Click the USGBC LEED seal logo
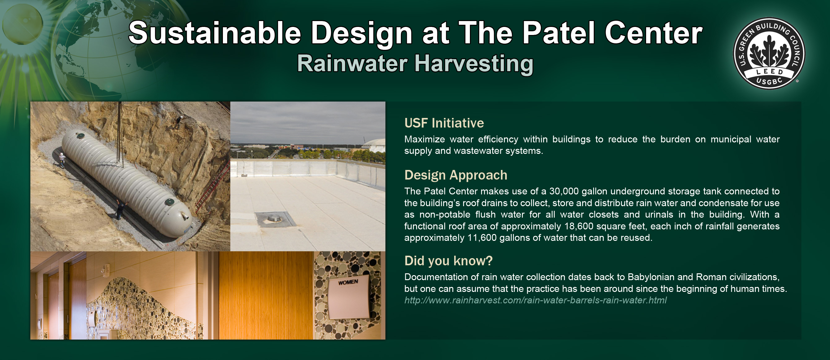click(x=769, y=53)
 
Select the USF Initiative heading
click(x=444, y=123)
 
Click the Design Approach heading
click(x=456, y=175)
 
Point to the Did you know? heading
click(x=449, y=261)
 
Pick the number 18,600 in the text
click(x=579, y=226)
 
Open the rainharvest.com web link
click(x=535, y=300)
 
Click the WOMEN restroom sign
click(x=349, y=296)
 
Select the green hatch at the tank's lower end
click(x=170, y=202)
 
